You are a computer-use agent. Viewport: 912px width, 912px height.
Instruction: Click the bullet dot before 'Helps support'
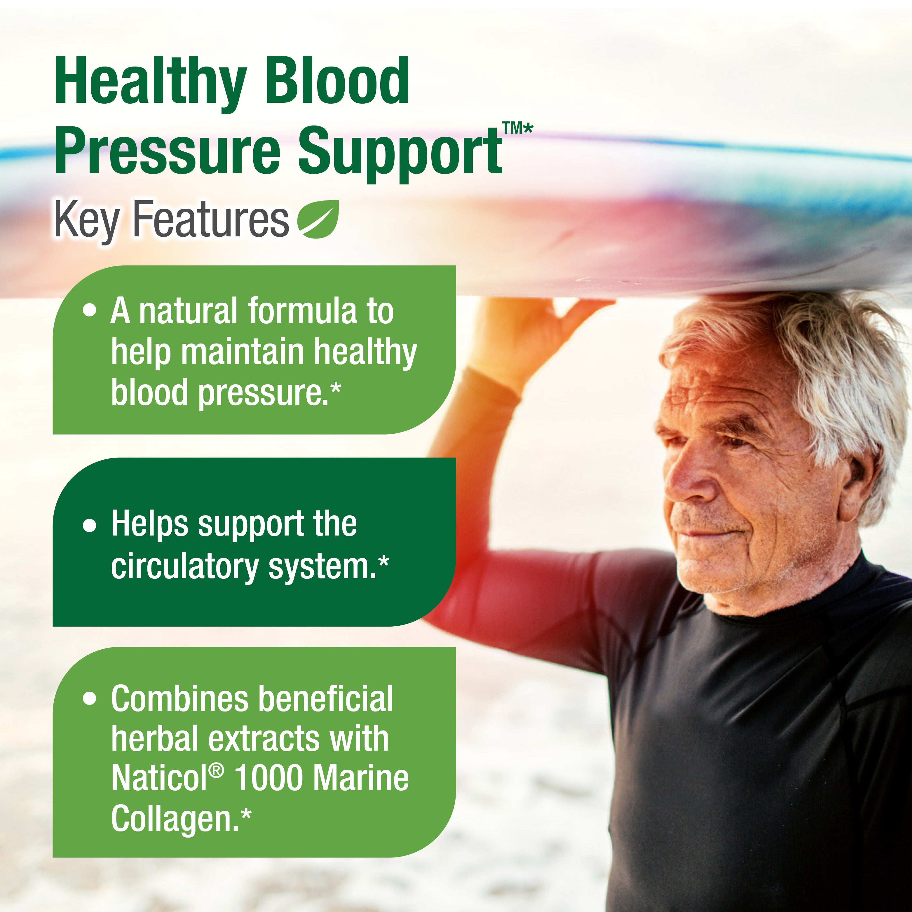point(89,525)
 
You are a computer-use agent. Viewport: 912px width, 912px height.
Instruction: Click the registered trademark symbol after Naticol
point(216,770)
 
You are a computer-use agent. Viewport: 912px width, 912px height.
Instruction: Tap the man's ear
point(862,479)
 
